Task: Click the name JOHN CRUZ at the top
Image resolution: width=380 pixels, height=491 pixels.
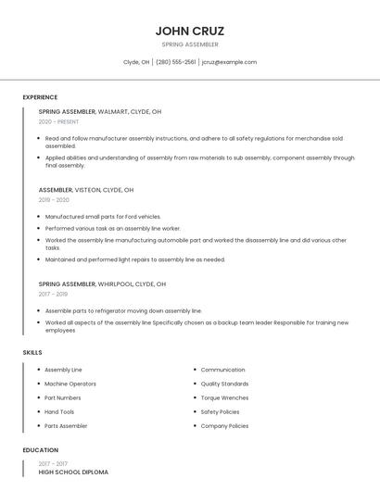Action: click(x=190, y=31)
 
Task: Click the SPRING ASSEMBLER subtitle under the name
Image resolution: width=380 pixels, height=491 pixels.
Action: click(x=190, y=44)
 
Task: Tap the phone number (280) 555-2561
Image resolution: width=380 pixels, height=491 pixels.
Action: click(x=175, y=62)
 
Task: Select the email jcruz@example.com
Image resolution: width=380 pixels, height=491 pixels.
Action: click(x=229, y=62)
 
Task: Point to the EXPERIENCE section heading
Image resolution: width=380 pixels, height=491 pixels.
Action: click(x=40, y=97)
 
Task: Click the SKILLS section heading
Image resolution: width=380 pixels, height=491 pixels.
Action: click(x=32, y=352)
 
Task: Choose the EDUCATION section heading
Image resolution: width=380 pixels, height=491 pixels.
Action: click(x=39, y=450)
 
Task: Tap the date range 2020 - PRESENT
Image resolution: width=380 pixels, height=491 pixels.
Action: click(x=58, y=121)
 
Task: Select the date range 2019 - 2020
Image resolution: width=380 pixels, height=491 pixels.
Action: click(x=54, y=200)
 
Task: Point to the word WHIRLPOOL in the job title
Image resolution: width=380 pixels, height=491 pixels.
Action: click(x=115, y=283)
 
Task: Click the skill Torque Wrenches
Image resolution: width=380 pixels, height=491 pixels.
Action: click(x=224, y=397)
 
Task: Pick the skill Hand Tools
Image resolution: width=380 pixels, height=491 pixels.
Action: click(x=59, y=411)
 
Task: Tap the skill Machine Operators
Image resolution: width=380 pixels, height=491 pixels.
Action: click(x=70, y=384)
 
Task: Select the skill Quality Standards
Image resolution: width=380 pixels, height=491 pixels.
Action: click(x=224, y=384)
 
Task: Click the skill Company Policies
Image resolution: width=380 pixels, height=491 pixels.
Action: click(x=224, y=426)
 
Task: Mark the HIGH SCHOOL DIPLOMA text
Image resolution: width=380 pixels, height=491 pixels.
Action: click(x=73, y=472)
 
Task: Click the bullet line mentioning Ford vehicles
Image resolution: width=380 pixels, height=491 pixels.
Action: click(x=103, y=217)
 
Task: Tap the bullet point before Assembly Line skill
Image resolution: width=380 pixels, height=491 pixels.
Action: click(x=37, y=370)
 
